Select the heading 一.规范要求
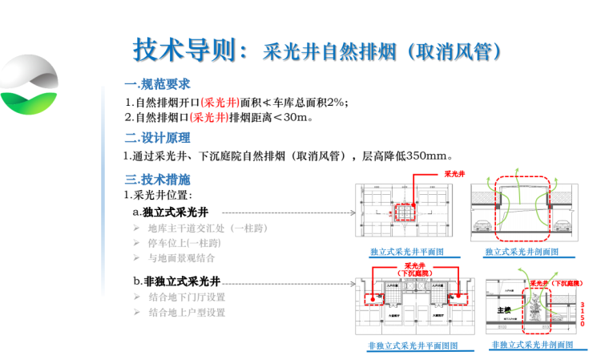pyautogui.click(x=158, y=84)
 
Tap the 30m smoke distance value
pyautogui.click(x=294, y=118)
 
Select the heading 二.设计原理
pyautogui.click(x=158, y=138)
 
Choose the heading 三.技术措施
pyautogui.click(x=158, y=180)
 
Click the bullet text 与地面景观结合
pyautogui.click(x=182, y=258)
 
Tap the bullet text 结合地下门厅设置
pyautogui.click(x=188, y=297)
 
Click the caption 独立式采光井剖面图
pyautogui.click(x=522, y=252)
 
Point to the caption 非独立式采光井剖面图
pyautogui.click(x=532, y=345)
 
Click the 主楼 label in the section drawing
pyautogui.click(x=503, y=309)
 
